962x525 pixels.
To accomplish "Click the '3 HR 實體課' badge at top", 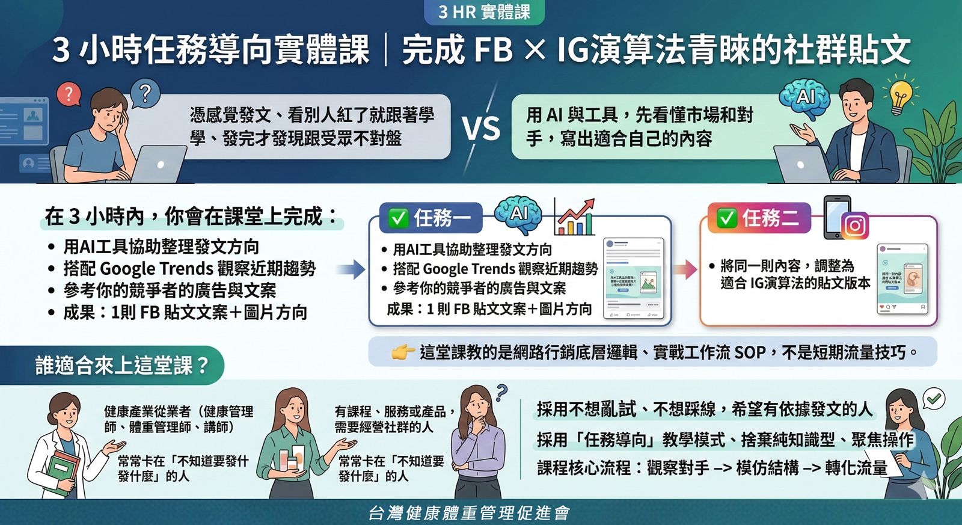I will [484, 12].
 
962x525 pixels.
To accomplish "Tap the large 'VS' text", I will [481, 128].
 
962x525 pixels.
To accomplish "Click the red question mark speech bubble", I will [69, 94].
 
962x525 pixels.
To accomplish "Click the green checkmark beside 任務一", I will [398, 218].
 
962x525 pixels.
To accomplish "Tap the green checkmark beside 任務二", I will [726, 218].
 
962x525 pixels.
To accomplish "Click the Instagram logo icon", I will [855, 226].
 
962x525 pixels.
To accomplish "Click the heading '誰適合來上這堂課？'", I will [122, 365].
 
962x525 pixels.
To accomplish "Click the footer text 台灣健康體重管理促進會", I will [469, 513].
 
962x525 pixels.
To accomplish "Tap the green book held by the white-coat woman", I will [63, 472].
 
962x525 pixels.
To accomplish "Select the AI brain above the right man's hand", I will [804, 97].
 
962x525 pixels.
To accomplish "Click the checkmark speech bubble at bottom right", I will [934, 399].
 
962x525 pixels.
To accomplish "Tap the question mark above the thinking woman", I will [501, 393].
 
